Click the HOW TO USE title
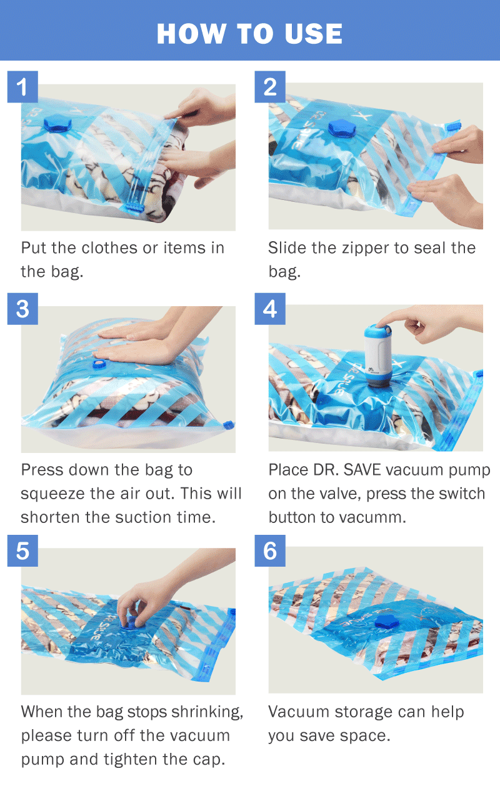[249, 33]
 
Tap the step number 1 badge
[22, 87]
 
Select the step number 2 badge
[270, 87]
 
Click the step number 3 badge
[22, 309]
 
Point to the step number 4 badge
[270, 309]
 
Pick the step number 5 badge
[22, 551]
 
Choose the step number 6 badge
[270, 551]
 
